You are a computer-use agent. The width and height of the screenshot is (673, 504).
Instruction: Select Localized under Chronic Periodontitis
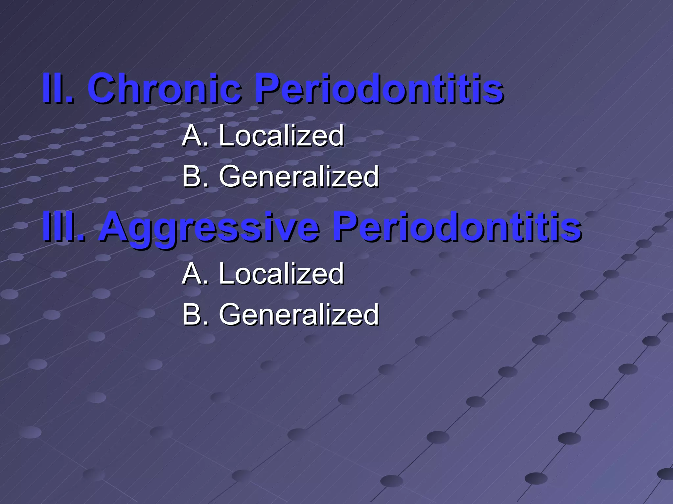tap(281, 135)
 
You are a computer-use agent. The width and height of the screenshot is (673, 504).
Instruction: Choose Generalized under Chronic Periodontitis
tap(299, 176)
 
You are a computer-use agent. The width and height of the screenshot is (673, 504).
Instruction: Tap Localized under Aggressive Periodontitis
tap(281, 273)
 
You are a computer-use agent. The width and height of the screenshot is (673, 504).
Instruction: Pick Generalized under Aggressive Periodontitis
tap(299, 314)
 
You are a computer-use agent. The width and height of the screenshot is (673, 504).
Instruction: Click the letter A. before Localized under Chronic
tap(195, 135)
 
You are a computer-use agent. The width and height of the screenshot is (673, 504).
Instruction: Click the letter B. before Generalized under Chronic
tap(195, 176)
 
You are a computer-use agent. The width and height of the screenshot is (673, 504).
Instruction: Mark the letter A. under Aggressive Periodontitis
tap(195, 273)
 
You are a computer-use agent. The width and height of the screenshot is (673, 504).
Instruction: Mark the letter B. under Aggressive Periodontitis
tap(195, 314)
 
